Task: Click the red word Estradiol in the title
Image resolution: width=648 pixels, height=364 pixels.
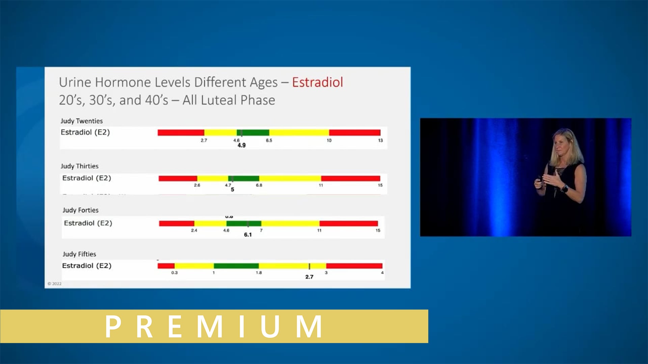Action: [317, 82]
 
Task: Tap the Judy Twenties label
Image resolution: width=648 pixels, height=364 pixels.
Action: [82, 121]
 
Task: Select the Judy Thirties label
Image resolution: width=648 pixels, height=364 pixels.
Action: [80, 166]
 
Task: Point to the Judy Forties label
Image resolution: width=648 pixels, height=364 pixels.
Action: [81, 210]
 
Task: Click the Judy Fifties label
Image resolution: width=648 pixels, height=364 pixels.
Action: [79, 254]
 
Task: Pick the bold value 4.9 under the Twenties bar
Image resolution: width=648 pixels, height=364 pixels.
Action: [242, 145]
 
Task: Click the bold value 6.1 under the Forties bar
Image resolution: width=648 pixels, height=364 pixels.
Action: [248, 235]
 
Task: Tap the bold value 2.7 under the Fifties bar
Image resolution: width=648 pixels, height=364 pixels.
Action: [309, 277]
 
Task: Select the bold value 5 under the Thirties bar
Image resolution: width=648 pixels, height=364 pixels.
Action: [232, 190]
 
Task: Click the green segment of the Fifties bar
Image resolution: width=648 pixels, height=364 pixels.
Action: [236, 266]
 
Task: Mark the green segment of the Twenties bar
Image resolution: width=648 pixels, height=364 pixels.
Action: [253, 132]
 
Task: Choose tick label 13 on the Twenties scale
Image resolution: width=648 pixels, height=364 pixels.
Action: [380, 141]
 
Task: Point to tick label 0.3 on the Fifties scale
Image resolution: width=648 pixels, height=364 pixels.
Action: [174, 273]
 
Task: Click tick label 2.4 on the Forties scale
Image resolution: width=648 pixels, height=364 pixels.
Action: [194, 231]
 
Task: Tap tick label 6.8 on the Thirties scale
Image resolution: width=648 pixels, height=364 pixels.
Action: [259, 185]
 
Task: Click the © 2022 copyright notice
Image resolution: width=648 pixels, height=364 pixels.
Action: [55, 284]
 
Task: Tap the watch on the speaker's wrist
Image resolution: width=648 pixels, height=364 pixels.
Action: [565, 189]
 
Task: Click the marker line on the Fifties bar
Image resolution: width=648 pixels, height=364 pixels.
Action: [309, 266]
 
